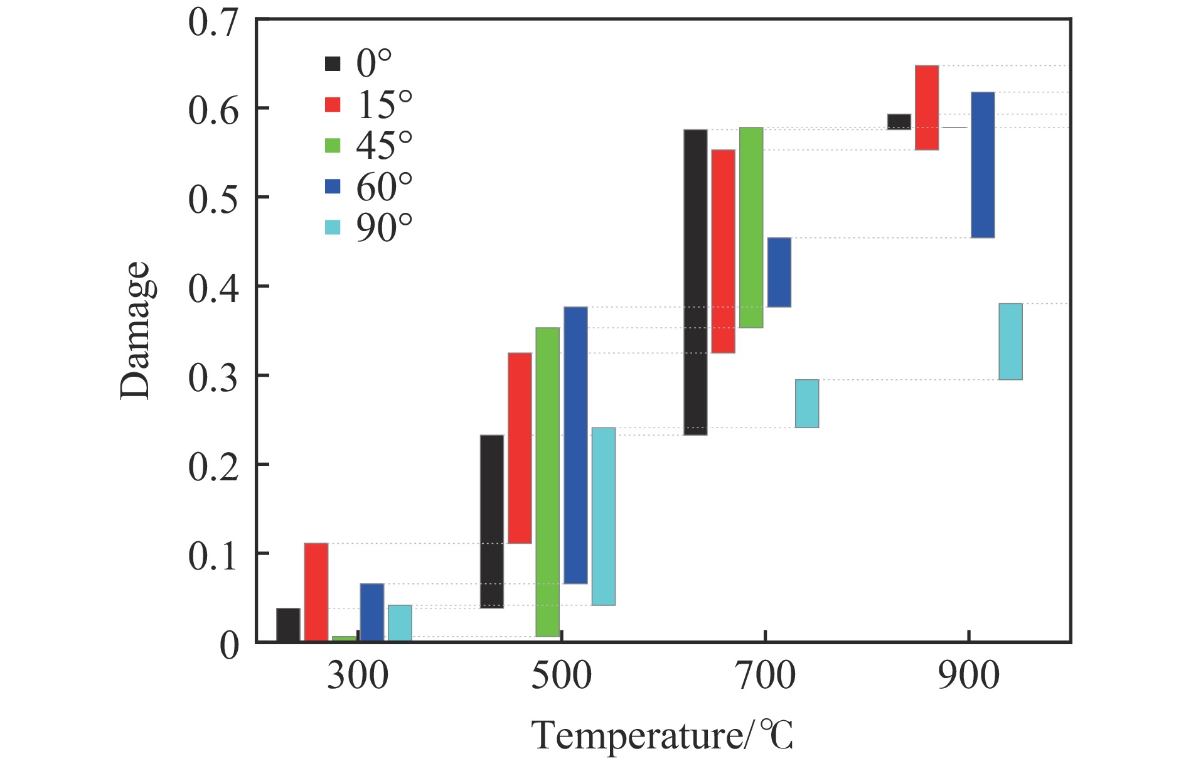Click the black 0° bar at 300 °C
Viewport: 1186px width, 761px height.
tap(288, 625)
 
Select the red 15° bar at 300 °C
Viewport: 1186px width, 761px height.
tap(316, 592)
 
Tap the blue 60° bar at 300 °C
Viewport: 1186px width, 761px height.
tap(372, 612)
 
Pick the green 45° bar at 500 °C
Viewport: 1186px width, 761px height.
tap(548, 482)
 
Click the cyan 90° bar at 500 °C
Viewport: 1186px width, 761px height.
tap(604, 516)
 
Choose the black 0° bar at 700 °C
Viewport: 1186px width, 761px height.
tap(695, 282)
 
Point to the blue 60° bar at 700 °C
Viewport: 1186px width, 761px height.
tap(779, 272)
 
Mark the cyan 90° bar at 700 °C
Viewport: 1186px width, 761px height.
tap(807, 404)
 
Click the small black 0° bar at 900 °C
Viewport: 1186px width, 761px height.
tap(899, 122)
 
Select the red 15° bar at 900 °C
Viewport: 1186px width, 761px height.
tap(927, 107)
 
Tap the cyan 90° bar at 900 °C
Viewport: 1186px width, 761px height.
tap(1011, 342)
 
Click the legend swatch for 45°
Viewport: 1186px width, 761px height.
tap(333, 145)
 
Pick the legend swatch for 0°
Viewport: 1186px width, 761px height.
tap(333, 63)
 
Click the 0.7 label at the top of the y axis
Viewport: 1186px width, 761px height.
tap(213, 23)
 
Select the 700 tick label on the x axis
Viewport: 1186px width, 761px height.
tap(766, 676)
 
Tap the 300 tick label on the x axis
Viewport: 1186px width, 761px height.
tap(358, 676)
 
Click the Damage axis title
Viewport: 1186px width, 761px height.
tap(135, 331)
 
